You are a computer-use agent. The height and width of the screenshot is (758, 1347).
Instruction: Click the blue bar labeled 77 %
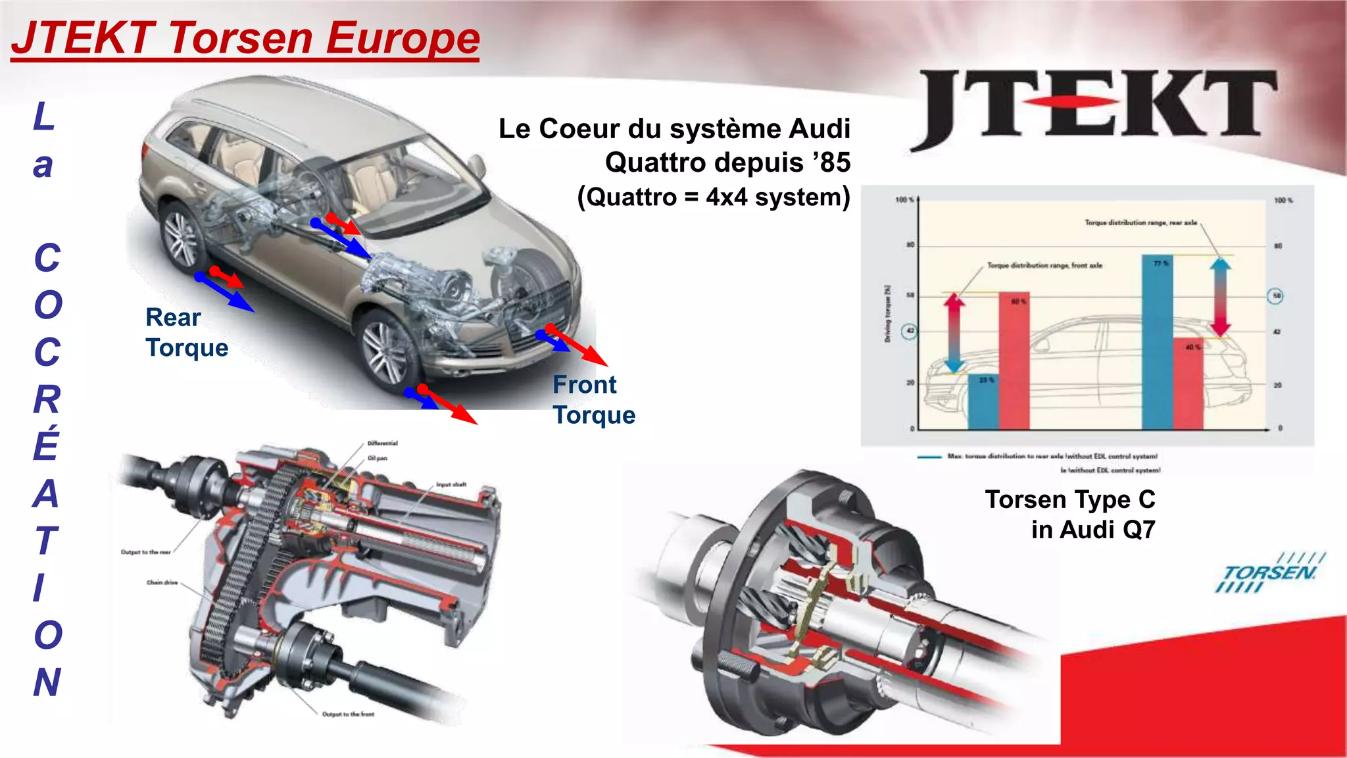coord(1157,342)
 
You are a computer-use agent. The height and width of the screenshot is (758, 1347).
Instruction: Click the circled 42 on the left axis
coord(910,331)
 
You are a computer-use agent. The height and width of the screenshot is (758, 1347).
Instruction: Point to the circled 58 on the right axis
coord(1276,296)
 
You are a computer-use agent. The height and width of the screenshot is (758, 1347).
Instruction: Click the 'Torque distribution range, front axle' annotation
coord(1044,266)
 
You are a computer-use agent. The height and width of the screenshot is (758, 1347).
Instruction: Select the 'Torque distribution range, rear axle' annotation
coord(1140,222)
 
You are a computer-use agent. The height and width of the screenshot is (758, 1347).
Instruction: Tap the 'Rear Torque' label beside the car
coord(186,332)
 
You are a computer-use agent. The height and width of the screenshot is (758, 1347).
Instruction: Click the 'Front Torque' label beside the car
coord(593,400)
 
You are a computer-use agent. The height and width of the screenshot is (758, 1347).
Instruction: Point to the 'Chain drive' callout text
coord(162,582)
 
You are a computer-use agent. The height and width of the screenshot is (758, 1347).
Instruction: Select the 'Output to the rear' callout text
coord(145,552)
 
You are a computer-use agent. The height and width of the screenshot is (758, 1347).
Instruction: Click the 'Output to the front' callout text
coord(348,714)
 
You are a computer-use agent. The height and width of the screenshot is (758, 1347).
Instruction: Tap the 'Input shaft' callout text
coord(451,484)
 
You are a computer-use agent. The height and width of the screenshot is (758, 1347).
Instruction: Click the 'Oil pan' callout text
coord(378,458)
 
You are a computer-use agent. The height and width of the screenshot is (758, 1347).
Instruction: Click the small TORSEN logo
coord(1269,572)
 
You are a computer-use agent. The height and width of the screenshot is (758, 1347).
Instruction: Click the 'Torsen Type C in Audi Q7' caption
coord(1070,515)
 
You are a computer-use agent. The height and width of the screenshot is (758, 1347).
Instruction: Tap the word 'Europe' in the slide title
coord(403,38)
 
